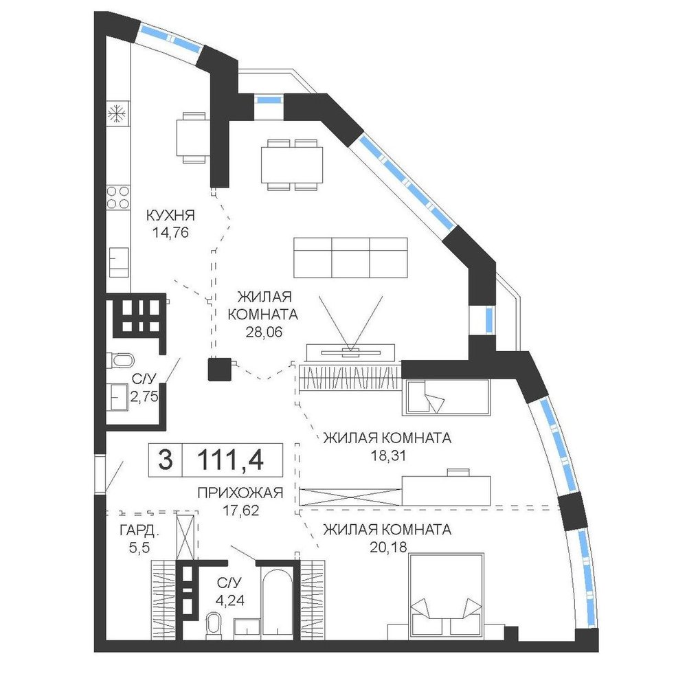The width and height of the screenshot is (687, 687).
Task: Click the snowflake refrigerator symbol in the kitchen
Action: (x=117, y=114)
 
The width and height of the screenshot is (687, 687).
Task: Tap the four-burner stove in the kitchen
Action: (x=118, y=197)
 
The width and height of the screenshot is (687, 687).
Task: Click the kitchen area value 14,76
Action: (x=170, y=232)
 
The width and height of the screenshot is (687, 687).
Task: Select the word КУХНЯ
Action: (x=170, y=215)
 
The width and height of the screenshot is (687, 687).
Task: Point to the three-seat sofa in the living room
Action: (x=350, y=258)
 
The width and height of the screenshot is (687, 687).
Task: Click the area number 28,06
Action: (x=264, y=333)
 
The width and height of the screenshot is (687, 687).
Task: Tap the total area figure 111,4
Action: (x=230, y=460)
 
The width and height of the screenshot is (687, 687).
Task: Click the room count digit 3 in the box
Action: (x=165, y=460)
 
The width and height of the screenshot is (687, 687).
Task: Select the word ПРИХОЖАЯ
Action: (x=240, y=493)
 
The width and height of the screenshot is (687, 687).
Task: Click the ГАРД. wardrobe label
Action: (x=139, y=531)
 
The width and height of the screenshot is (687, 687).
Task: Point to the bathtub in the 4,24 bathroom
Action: (x=277, y=602)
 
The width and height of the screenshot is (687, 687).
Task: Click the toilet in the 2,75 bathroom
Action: (x=120, y=361)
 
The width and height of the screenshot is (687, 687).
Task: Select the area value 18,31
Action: (x=389, y=456)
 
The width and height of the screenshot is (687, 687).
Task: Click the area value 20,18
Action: (x=389, y=548)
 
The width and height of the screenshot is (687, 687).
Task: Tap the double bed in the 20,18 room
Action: (x=446, y=594)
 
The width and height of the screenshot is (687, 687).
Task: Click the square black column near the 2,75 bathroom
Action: (x=220, y=370)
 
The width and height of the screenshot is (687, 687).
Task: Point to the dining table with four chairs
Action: (x=292, y=165)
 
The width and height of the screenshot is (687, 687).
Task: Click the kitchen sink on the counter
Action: (x=119, y=262)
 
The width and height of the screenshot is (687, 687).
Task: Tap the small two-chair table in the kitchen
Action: (x=192, y=137)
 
